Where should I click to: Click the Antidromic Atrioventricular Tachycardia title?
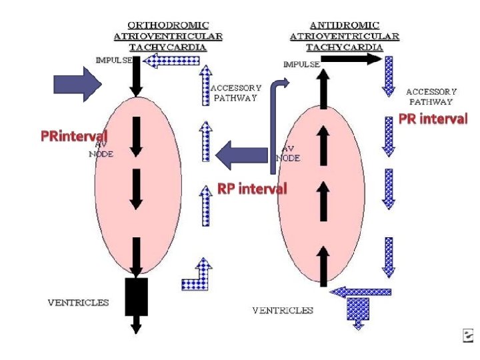(344, 35)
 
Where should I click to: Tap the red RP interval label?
(252, 189)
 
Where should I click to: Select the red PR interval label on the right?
(433, 119)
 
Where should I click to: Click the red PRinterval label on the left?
(73, 137)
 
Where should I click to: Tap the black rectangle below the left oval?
(136, 297)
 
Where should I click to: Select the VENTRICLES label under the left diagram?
(78, 303)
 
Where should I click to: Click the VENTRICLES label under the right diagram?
(283, 310)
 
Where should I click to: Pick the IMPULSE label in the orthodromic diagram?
(113, 60)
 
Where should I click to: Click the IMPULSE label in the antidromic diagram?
(301, 65)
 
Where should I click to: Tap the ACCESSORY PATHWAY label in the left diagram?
(236, 92)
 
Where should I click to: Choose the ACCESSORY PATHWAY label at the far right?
(431, 97)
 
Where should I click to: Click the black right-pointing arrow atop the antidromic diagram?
(351, 59)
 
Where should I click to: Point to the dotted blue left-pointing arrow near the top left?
(172, 61)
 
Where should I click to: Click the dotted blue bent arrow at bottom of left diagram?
(197, 275)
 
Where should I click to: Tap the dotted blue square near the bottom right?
(359, 308)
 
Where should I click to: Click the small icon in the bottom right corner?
(468, 337)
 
